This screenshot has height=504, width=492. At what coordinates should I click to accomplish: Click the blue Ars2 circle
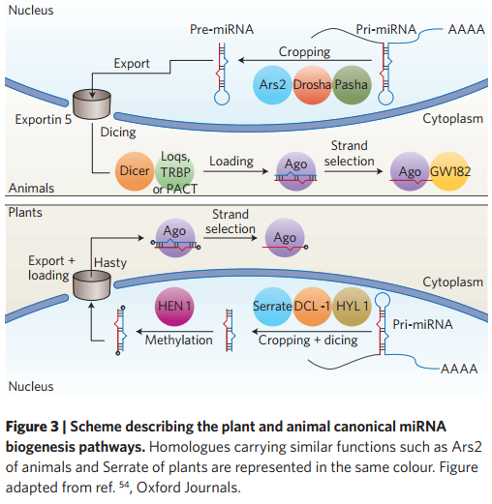pyautogui.click(x=272, y=85)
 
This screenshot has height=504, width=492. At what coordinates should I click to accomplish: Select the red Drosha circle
pyautogui.click(x=312, y=85)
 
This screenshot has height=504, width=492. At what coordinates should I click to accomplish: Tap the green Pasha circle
pyautogui.click(x=352, y=85)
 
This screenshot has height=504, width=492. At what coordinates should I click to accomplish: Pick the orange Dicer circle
pyautogui.click(x=135, y=171)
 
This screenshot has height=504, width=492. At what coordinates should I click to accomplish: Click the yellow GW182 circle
pyautogui.click(x=449, y=171)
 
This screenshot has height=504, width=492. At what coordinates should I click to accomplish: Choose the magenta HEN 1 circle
pyautogui.click(x=174, y=307)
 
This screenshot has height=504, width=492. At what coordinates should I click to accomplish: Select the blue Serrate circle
pyautogui.click(x=272, y=307)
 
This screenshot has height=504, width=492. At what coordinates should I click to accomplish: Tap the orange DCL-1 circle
pyautogui.click(x=312, y=307)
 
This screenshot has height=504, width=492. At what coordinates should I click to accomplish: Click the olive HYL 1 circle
pyautogui.click(x=352, y=307)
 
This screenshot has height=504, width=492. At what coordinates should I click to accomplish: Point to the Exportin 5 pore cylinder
pyautogui.click(x=92, y=104)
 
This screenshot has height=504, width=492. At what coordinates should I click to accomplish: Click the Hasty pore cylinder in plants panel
pyautogui.click(x=92, y=285)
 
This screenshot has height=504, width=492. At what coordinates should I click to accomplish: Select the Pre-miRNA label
pyautogui.click(x=222, y=29)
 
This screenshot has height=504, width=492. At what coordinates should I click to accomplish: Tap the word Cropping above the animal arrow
pyautogui.click(x=304, y=52)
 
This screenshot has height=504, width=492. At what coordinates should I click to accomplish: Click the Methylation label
pyautogui.click(x=178, y=340)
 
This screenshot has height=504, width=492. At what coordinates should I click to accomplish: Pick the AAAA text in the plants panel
pyautogui.click(x=459, y=369)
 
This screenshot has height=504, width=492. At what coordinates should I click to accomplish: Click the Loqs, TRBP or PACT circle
pyautogui.click(x=174, y=171)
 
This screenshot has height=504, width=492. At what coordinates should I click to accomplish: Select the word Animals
pyautogui.click(x=31, y=188)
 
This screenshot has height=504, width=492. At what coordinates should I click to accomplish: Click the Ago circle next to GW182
pyautogui.click(x=410, y=171)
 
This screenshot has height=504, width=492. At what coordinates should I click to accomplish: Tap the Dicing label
pyautogui.click(x=118, y=133)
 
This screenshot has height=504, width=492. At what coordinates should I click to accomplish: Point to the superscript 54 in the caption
pyautogui.click(x=124, y=484)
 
